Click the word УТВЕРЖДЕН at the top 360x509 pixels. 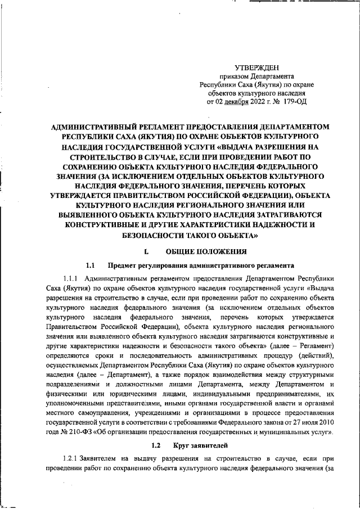(256, 67)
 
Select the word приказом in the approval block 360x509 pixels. (233, 76)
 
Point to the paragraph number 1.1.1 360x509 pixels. (73, 278)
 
